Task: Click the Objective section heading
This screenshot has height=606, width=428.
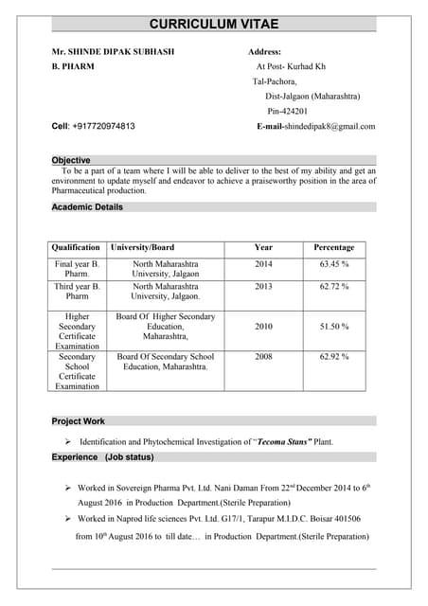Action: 71,160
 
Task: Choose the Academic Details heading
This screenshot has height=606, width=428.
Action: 87,206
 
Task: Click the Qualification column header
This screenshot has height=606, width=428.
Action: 76,247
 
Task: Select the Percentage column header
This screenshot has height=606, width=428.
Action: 333,247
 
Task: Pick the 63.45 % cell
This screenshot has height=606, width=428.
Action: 333,263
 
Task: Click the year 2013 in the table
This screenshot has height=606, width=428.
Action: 263,286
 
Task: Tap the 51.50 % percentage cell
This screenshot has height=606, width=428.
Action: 333,327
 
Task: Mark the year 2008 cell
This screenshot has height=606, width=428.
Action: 263,357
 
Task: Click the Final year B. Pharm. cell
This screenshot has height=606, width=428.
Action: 76,268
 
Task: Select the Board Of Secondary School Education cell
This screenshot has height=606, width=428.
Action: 165,362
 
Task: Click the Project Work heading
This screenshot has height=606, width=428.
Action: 78,420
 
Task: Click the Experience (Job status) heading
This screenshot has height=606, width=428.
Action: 102,457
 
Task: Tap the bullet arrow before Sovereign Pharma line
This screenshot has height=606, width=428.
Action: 68,488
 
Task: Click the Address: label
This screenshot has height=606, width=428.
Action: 264,51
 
